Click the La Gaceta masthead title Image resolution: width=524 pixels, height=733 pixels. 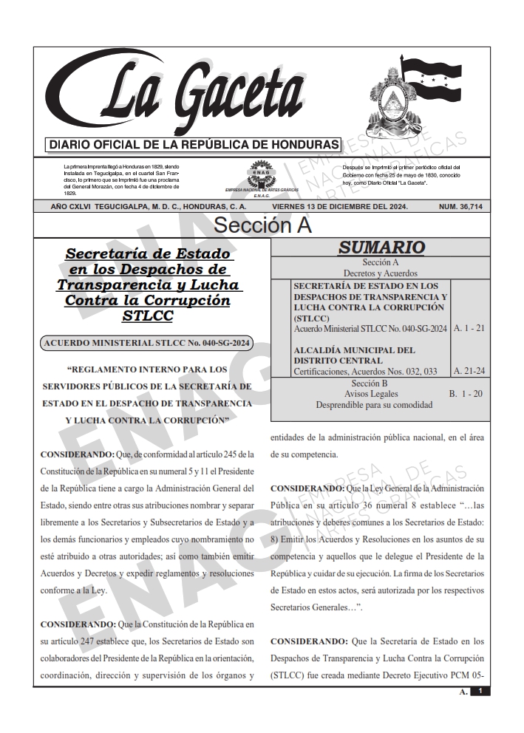click(x=200, y=93)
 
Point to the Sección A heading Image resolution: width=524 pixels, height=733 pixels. click(x=262, y=225)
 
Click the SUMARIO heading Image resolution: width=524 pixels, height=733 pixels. click(x=381, y=248)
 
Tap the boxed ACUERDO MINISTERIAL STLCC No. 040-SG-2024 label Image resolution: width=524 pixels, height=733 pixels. click(x=148, y=342)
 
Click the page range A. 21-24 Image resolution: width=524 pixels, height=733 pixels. click(x=469, y=370)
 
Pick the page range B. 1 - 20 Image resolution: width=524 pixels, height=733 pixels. click(x=466, y=394)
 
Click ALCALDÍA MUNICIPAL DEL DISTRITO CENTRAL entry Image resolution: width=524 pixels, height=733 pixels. click(x=354, y=355)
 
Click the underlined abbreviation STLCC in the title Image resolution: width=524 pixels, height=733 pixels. click(x=148, y=316)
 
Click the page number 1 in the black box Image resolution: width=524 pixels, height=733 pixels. click(x=480, y=691)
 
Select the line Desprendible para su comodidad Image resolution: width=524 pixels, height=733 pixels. click(x=373, y=405)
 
